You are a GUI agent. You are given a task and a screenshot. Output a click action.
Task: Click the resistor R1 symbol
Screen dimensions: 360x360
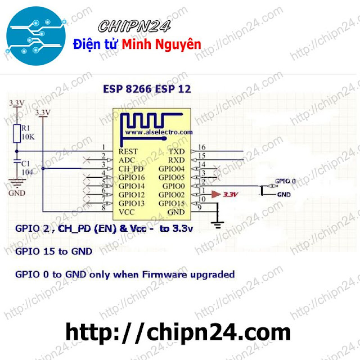(17, 132)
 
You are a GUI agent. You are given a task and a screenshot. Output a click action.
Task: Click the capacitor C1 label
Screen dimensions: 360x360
(26, 163)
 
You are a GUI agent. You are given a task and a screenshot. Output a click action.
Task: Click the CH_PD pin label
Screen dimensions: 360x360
(130, 169)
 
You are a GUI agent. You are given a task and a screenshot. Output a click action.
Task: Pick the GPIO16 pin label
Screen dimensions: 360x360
(132, 177)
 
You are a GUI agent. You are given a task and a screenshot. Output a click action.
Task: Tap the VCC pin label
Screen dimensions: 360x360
(127, 211)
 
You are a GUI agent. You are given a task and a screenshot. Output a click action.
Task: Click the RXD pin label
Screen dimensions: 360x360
(177, 160)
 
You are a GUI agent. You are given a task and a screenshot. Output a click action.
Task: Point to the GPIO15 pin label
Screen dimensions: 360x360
(172, 203)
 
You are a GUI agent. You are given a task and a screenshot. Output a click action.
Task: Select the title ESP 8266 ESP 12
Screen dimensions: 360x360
(147, 89)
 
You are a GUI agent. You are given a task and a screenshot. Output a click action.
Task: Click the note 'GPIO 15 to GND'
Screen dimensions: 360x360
(54, 251)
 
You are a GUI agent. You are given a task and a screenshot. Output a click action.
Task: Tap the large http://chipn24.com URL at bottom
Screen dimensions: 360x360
(179, 332)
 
